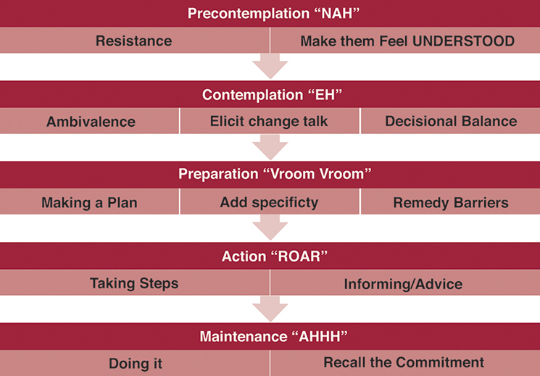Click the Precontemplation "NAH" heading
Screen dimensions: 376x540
point(270,13)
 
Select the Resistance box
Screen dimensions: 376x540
point(134,41)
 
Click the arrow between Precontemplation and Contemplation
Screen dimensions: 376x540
point(270,67)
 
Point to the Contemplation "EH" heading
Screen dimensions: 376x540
point(270,95)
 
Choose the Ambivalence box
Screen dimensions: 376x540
point(91,122)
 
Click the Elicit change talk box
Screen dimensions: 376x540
point(269,121)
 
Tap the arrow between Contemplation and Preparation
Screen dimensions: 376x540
point(270,147)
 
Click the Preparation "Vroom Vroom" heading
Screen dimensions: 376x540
point(270,175)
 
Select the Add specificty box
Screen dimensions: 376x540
point(269,202)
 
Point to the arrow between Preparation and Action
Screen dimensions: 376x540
point(270,228)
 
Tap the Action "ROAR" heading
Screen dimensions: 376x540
point(270,256)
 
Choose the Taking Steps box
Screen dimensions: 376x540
point(134,283)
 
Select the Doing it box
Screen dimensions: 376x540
point(134,363)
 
